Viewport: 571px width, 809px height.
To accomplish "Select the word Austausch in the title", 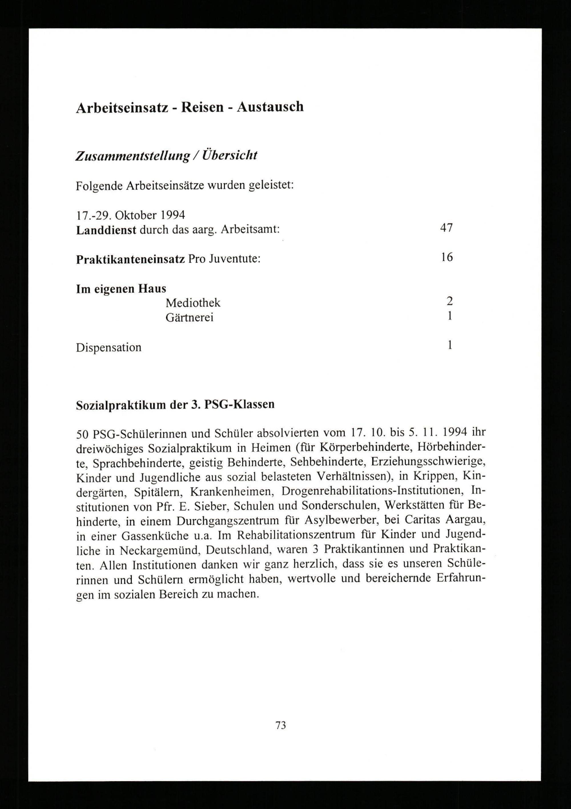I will point(270,107).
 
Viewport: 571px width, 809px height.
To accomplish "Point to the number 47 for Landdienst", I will point(446,228).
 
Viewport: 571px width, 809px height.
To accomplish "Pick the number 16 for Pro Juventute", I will point(447,258).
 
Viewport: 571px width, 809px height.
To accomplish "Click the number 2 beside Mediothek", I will point(449,301).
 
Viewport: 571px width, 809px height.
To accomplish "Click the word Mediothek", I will point(193,303).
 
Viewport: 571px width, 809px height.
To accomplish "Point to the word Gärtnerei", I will point(190,318).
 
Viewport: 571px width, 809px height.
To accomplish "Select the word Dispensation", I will point(108,347).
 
